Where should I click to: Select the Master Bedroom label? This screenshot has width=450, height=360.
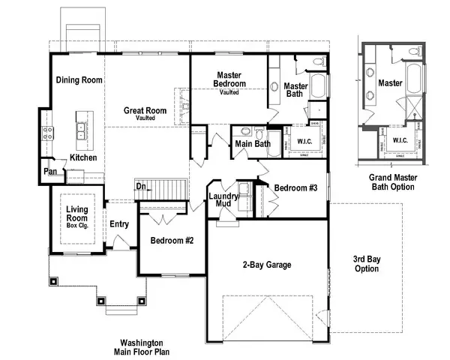click(x=228, y=79)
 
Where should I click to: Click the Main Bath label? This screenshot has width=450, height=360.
click(x=252, y=144)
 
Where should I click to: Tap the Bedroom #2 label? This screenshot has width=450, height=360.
click(x=172, y=241)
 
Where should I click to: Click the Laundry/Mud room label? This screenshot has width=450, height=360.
click(x=223, y=199)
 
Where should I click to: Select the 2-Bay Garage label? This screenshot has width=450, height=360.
click(x=266, y=265)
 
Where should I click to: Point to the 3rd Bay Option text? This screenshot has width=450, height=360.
click(x=367, y=263)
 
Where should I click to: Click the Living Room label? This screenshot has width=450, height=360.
click(x=77, y=217)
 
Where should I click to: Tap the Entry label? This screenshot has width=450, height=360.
click(x=119, y=223)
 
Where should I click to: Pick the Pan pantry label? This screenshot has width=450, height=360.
click(x=50, y=172)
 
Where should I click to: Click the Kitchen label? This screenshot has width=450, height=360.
click(x=83, y=157)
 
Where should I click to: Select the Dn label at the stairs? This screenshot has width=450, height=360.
click(x=140, y=186)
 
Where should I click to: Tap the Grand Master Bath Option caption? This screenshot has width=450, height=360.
click(x=391, y=182)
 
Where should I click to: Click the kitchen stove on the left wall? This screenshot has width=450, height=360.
click(x=47, y=135)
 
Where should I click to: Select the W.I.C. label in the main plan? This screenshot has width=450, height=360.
click(x=304, y=141)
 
